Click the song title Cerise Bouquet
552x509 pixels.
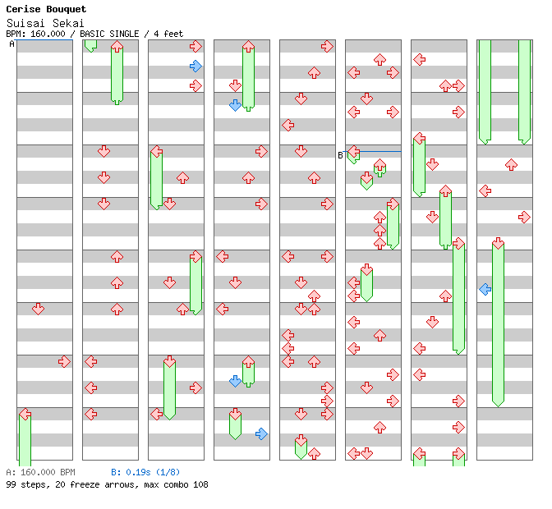pos(46,10)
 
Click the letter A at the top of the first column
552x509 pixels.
pos(11,44)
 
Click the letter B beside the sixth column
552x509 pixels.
pos(340,154)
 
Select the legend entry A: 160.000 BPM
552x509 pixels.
pos(40,473)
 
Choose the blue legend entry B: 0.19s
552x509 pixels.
pos(131,473)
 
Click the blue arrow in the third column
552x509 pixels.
pos(195,66)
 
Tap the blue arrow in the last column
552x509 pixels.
pos(485,289)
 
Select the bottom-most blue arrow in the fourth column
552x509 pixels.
pos(261,433)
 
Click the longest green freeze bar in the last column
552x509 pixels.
pos(498,323)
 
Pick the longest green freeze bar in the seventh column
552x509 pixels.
pos(458,297)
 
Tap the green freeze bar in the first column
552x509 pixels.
pos(25,440)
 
